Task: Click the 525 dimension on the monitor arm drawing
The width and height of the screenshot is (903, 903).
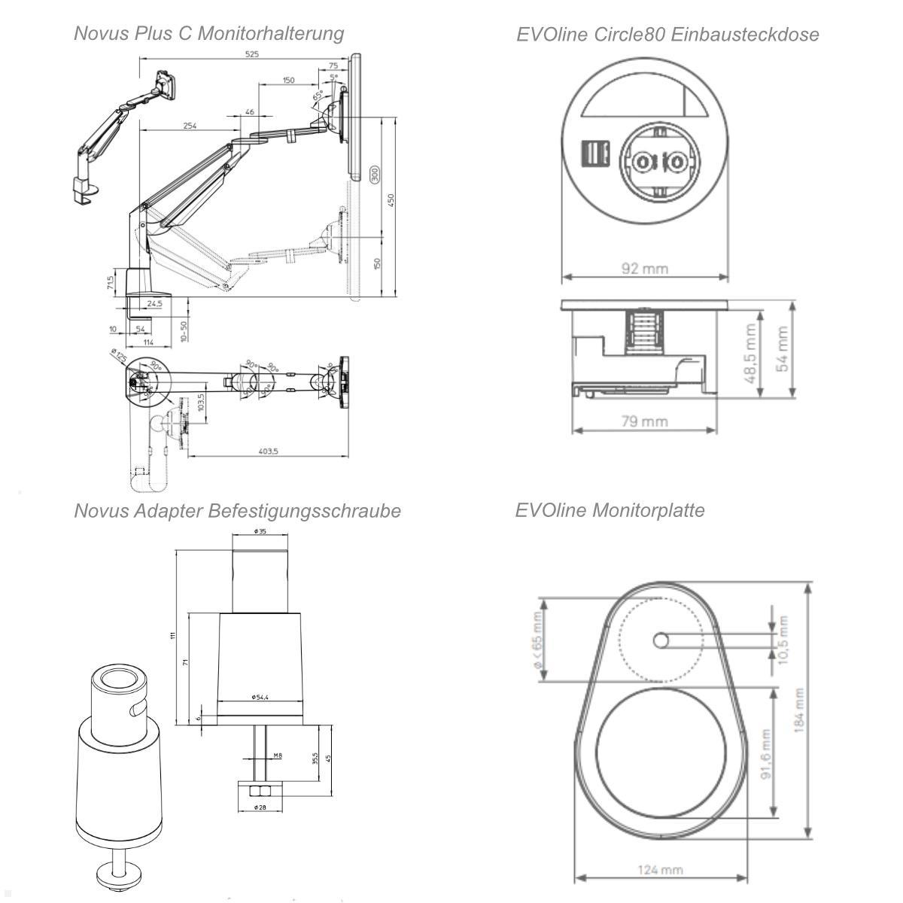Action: (x=251, y=55)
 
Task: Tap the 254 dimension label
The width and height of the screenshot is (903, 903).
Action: (x=190, y=126)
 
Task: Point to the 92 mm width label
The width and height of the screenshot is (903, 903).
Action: (x=644, y=268)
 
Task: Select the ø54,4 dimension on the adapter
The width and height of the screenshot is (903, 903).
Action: (x=260, y=697)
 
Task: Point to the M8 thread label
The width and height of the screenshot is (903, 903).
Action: (x=277, y=756)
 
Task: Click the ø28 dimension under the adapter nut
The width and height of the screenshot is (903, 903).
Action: (x=260, y=807)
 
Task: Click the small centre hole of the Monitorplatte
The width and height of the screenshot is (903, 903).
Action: (x=661, y=640)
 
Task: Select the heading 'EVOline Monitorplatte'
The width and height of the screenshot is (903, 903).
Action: (x=610, y=510)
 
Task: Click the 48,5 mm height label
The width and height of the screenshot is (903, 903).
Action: (x=749, y=354)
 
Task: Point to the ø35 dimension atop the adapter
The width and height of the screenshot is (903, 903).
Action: (x=260, y=531)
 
